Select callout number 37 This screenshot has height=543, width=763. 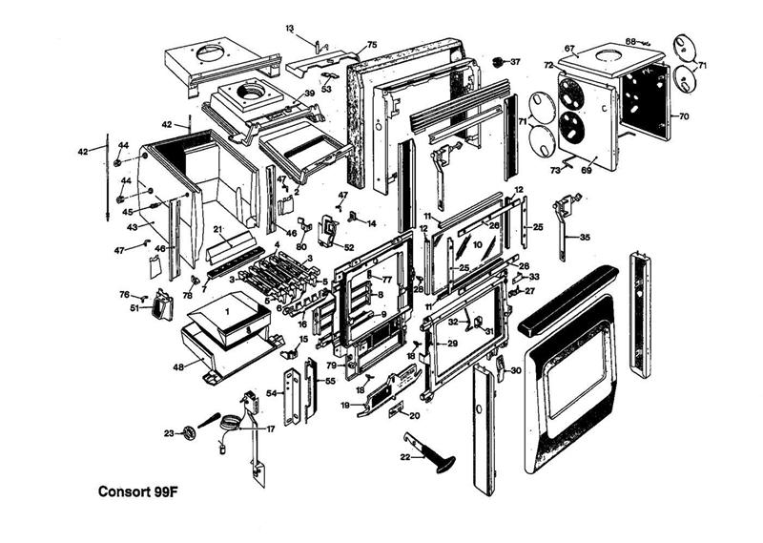point(516,62)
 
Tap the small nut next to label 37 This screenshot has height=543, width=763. point(498,62)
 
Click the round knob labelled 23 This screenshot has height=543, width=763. point(189,433)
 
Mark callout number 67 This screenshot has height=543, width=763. point(596,49)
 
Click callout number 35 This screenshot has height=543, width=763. point(585,237)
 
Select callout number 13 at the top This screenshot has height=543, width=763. point(290,30)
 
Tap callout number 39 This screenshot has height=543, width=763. point(309,94)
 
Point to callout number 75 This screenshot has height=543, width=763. point(371,45)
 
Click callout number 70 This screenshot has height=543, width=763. point(683,116)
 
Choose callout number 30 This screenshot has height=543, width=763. point(515,370)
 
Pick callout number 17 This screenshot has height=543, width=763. point(270,428)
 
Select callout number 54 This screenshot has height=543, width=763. point(271,393)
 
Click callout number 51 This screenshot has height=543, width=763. point(135,307)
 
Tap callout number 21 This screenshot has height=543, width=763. point(217,229)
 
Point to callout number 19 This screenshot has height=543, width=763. point(345,405)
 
